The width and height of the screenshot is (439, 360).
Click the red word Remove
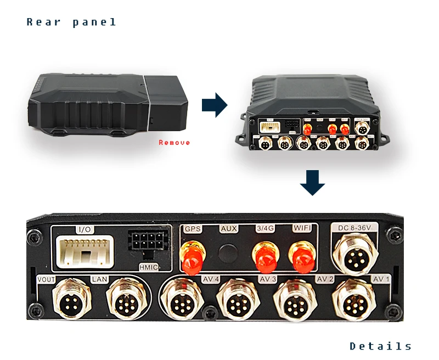point(175,143)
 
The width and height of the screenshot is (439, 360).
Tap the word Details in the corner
point(381,346)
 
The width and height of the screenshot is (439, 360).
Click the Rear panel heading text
point(72,22)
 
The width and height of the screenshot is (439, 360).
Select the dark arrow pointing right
point(215,105)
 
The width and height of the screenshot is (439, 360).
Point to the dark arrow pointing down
point(312,184)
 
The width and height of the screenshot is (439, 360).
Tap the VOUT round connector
point(70,300)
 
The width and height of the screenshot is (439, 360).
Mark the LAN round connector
point(126,300)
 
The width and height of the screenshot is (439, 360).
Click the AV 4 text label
point(211,279)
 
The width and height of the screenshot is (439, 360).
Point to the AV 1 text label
point(381,279)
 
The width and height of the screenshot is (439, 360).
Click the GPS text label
point(193,229)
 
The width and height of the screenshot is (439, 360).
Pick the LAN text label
point(99,279)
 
